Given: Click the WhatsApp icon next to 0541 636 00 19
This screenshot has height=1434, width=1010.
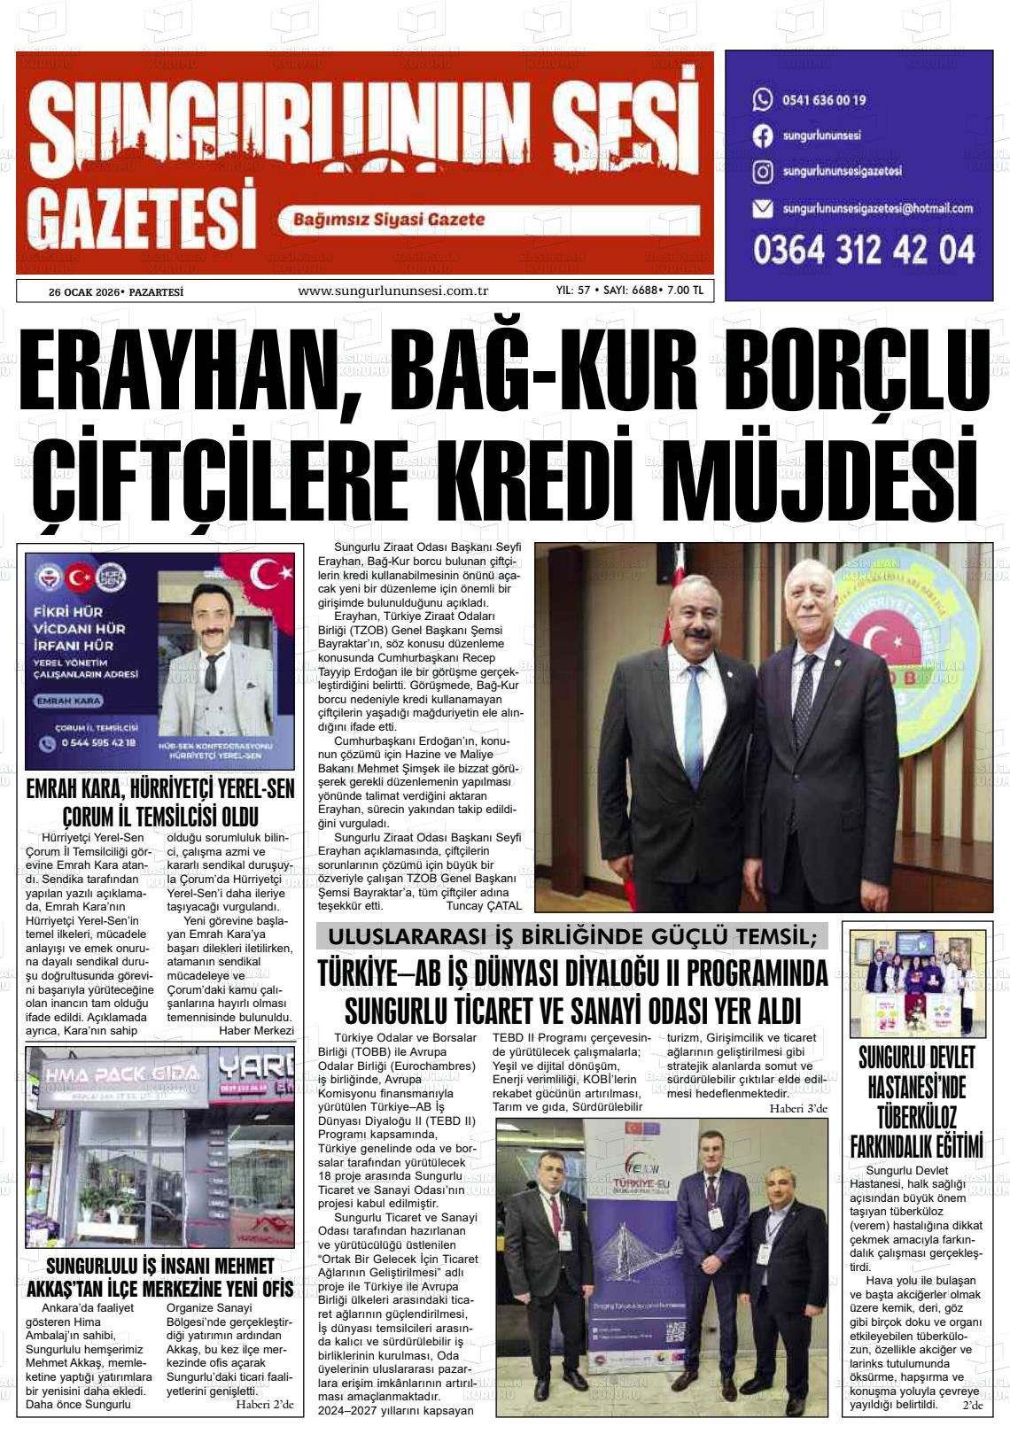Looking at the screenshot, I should tap(762, 99).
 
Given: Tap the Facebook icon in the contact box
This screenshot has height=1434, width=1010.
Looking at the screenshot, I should tap(762, 136).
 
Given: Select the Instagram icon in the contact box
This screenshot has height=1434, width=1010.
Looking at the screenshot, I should tap(762, 172).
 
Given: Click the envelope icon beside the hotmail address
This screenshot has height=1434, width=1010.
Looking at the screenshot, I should tap(762, 209).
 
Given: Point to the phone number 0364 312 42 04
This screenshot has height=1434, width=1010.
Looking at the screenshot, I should tap(864, 251).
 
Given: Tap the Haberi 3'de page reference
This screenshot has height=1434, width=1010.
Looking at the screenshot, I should tap(797, 1108).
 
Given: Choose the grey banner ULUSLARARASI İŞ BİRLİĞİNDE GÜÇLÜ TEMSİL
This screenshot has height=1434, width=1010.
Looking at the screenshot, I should tap(572, 936).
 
